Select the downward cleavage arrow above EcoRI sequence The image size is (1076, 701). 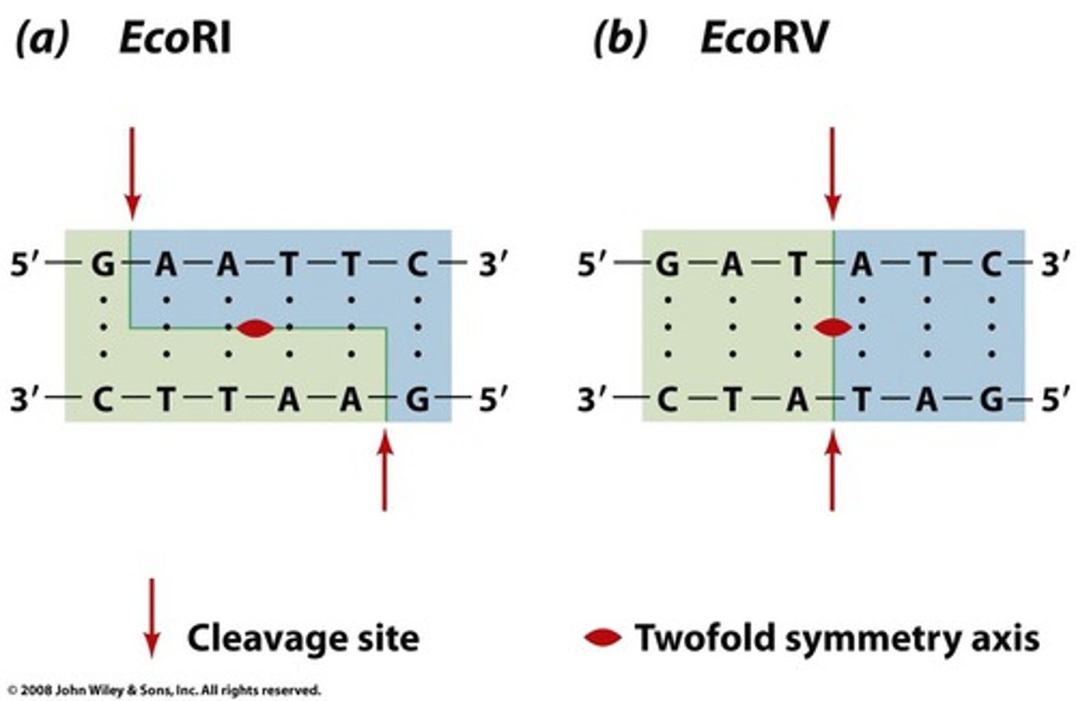pos(132,171)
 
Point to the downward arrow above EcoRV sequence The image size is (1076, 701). pos(832,171)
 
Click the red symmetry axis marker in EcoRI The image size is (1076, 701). pos(255,327)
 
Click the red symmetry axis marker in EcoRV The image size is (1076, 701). pos(832,327)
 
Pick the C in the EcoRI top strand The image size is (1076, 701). pos(417,264)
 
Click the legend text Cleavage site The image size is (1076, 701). pos(303,638)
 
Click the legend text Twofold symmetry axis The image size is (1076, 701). pos(837,638)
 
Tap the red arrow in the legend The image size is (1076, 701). pos(152,617)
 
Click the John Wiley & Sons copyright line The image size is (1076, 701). pos(164,690)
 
